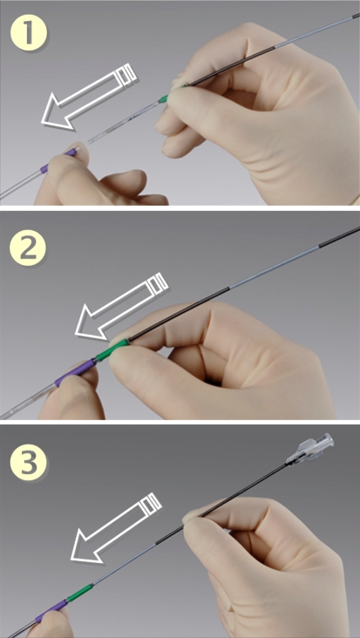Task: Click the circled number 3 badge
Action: [x=29, y=464]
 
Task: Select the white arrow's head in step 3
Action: [x=86, y=546]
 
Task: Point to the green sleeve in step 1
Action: [x=165, y=98]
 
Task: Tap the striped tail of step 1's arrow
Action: [x=128, y=74]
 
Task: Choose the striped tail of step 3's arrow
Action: [x=152, y=504]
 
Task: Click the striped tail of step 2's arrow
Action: [x=158, y=284]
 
